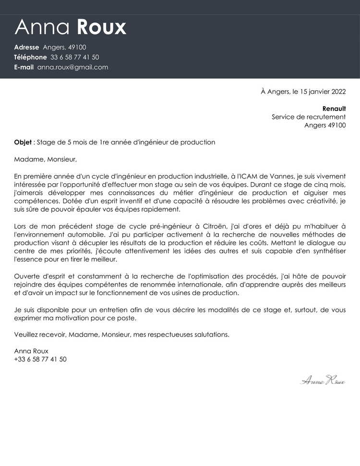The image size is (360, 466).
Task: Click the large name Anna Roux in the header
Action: (x=70, y=27)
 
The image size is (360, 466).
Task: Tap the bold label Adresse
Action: (x=26, y=47)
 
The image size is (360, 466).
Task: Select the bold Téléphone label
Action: (x=30, y=57)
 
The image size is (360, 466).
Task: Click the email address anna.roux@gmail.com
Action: (x=72, y=67)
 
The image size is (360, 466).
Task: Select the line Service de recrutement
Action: (x=308, y=117)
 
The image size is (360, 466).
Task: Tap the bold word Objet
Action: (x=22, y=142)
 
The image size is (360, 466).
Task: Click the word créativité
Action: (x=319, y=201)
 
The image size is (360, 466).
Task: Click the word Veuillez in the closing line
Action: (x=27, y=335)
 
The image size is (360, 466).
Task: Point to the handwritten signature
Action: (x=323, y=381)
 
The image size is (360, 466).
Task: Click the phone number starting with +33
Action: (x=40, y=359)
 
